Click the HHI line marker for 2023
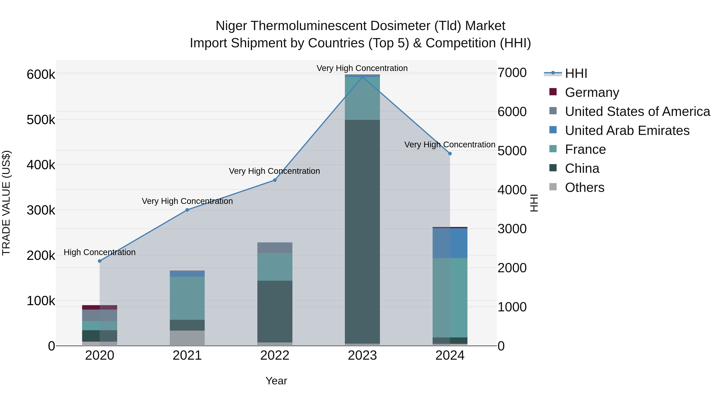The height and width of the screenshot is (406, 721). click(x=362, y=77)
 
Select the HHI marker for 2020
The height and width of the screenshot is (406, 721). click(x=100, y=261)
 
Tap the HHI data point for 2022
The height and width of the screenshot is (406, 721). click(x=275, y=180)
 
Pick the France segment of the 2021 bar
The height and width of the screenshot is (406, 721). click(x=187, y=298)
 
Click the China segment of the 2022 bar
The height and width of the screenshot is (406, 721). click(x=275, y=311)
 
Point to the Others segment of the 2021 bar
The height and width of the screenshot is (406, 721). click(x=187, y=338)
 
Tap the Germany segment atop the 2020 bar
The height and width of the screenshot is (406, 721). click(x=100, y=307)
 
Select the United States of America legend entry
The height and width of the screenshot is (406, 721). click(x=637, y=111)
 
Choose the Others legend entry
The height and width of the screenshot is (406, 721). click(x=584, y=187)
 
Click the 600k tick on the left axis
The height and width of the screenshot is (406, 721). click(x=41, y=75)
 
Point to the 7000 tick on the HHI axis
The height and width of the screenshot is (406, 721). click(x=512, y=73)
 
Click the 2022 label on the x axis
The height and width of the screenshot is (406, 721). click(x=275, y=355)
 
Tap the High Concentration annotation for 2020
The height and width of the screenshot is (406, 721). click(x=100, y=252)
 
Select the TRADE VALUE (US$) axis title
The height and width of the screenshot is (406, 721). click(x=6, y=203)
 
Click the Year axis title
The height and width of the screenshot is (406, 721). click(x=276, y=381)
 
